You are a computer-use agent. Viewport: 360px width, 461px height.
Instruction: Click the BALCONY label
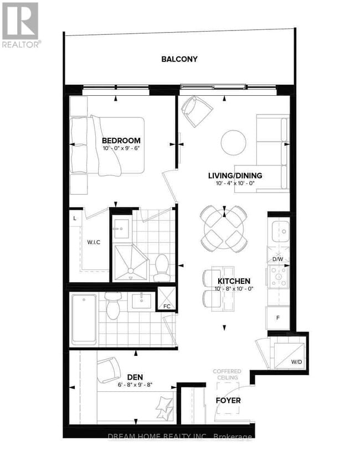tap(179, 59)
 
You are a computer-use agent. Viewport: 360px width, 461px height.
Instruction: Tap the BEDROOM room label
tap(121, 141)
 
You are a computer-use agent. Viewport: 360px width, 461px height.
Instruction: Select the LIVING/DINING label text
tap(235, 176)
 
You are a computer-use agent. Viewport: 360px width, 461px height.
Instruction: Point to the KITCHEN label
tap(234, 281)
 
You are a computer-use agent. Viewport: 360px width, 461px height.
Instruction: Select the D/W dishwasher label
tap(278, 259)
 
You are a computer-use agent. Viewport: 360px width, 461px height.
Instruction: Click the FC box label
tap(167, 305)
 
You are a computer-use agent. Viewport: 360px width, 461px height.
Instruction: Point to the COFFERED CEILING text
tap(226, 375)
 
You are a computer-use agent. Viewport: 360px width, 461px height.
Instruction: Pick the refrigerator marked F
tap(278, 318)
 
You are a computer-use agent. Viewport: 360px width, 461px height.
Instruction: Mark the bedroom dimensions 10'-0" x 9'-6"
tap(121, 148)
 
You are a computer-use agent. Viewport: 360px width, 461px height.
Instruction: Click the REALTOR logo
tap(20, 25)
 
